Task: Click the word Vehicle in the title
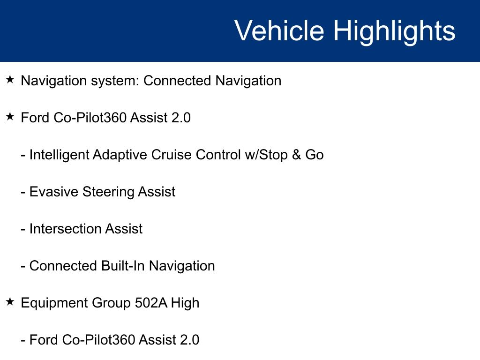[x=279, y=30]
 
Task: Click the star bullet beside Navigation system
[x=10, y=80]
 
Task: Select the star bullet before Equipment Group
[x=10, y=302]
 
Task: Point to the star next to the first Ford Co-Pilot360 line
[x=10, y=117]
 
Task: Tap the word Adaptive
[x=120, y=155]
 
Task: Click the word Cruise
[x=172, y=155]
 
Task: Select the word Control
[x=218, y=155]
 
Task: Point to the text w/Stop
[x=266, y=155]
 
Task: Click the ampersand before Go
[x=296, y=155]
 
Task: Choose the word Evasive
[x=54, y=192]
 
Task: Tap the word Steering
[x=108, y=192]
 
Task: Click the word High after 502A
[x=185, y=303]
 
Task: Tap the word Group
[x=112, y=303]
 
